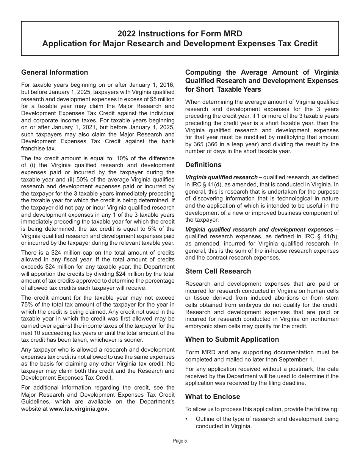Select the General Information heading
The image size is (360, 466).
55,72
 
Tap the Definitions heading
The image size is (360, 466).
203,165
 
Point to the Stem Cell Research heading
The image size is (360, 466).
218,271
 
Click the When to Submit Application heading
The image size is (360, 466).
232,339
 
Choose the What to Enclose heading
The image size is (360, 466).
213,397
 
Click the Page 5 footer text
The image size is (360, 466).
180,441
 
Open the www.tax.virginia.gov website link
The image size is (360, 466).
78,409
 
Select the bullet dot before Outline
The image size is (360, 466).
187,419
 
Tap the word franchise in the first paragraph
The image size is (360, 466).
33,149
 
